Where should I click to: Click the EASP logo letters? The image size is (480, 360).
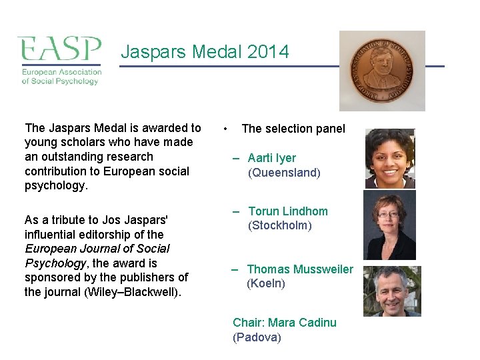point(59,49)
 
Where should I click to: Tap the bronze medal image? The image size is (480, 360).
point(382,71)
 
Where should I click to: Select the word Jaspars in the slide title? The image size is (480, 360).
point(151,52)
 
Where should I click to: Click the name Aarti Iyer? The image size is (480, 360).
point(272,158)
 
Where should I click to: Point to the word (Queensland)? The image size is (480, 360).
point(284,173)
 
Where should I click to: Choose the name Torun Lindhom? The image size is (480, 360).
point(288,211)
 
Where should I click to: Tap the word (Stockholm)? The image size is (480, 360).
point(280,225)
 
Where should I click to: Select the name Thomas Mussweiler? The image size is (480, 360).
point(300,269)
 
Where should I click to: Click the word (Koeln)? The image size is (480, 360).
point(266,283)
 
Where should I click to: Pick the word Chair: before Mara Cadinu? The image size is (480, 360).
point(249,323)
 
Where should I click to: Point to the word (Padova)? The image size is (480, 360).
point(257,337)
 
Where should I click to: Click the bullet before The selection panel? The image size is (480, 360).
point(227,129)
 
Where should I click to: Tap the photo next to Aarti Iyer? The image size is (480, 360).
point(390,159)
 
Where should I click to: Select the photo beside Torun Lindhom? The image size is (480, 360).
point(389,225)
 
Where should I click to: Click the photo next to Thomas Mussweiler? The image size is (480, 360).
point(392,291)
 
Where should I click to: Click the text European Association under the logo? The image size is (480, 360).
point(61,72)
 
